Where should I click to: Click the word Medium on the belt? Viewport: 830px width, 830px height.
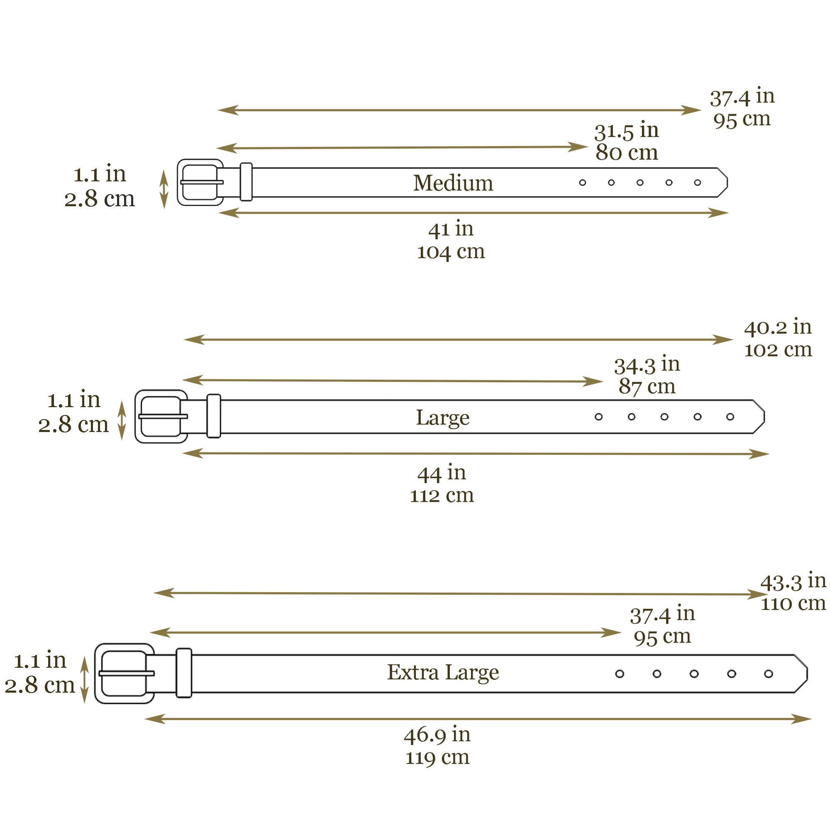point(453,183)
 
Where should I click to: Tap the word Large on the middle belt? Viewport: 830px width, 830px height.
point(442,417)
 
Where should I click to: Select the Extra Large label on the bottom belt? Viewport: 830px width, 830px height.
point(443,673)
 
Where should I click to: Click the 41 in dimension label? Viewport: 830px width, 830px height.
point(451,229)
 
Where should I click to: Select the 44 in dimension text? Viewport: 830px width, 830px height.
point(442,473)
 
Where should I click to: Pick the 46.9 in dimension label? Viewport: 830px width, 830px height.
point(437,735)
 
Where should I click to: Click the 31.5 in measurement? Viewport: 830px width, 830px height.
point(626,131)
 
